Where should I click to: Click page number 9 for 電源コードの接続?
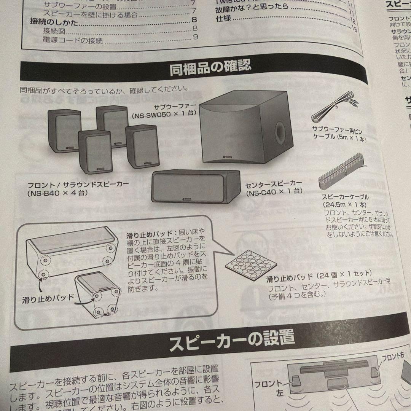click(x=195, y=37)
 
